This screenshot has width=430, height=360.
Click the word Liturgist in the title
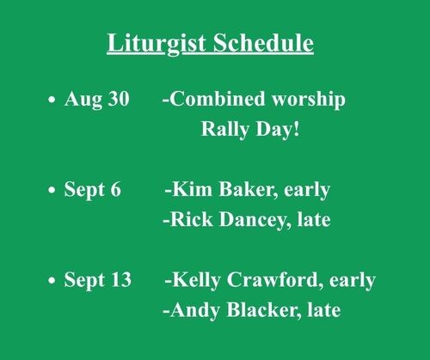pyautogui.click(x=157, y=44)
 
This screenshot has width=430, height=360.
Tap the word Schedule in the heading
pyautogui.click(x=263, y=42)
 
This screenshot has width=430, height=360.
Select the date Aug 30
pyautogui.click(x=97, y=100)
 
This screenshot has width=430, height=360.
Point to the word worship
pyautogui.click(x=309, y=100)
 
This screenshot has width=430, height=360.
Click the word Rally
pyautogui.click(x=225, y=130)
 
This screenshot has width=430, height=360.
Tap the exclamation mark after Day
pyautogui.click(x=296, y=129)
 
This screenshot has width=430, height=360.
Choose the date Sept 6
pyautogui.click(x=92, y=190)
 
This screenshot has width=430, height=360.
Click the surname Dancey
pyautogui.click(x=255, y=221)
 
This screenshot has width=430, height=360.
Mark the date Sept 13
pyautogui.click(x=97, y=280)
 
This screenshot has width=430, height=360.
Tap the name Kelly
pyautogui.click(x=196, y=280)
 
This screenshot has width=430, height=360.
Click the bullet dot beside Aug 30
pyautogui.click(x=52, y=100)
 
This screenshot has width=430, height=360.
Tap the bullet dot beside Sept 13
pyautogui.click(x=52, y=280)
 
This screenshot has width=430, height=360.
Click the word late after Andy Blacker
pyautogui.click(x=324, y=309)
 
